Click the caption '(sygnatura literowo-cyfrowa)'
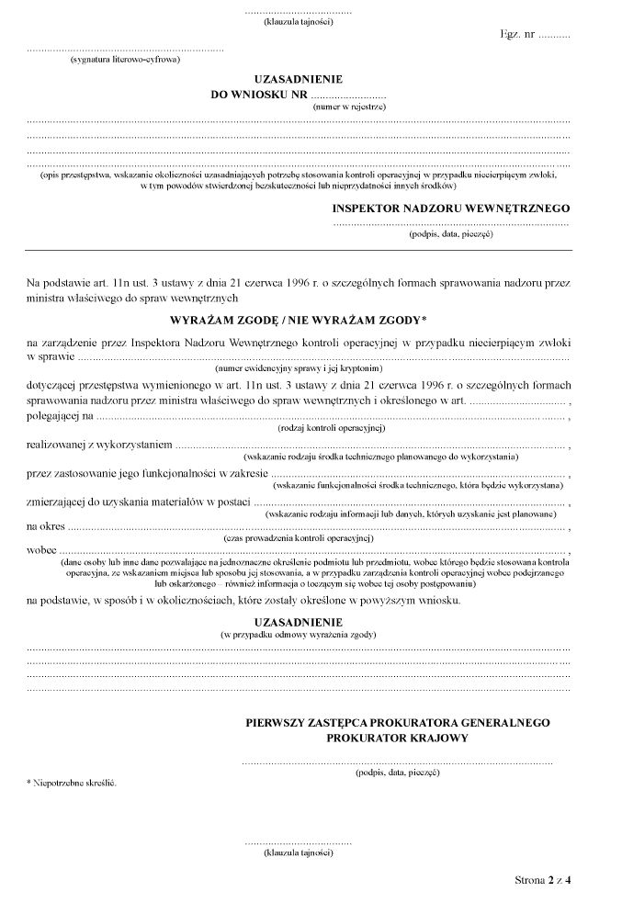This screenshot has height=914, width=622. tap(125, 60)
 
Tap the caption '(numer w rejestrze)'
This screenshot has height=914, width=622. tap(349, 107)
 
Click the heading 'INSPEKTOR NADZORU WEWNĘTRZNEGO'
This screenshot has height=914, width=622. tap(451, 209)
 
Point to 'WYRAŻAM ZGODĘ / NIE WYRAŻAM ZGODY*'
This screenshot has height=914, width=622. tap(299, 321)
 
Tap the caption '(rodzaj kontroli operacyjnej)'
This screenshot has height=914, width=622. tap(331, 427)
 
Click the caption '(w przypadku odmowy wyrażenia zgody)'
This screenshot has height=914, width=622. tap(299, 635)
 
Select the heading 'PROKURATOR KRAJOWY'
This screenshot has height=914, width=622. tap(397, 738)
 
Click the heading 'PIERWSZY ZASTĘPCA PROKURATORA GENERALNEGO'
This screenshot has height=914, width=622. tap(397, 723)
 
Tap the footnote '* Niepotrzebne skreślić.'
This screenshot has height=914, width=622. tap(72, 784)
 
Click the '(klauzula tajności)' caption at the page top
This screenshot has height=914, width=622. tap(299, 21)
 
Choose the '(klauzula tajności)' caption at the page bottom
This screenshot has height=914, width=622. tap(299, 853)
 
